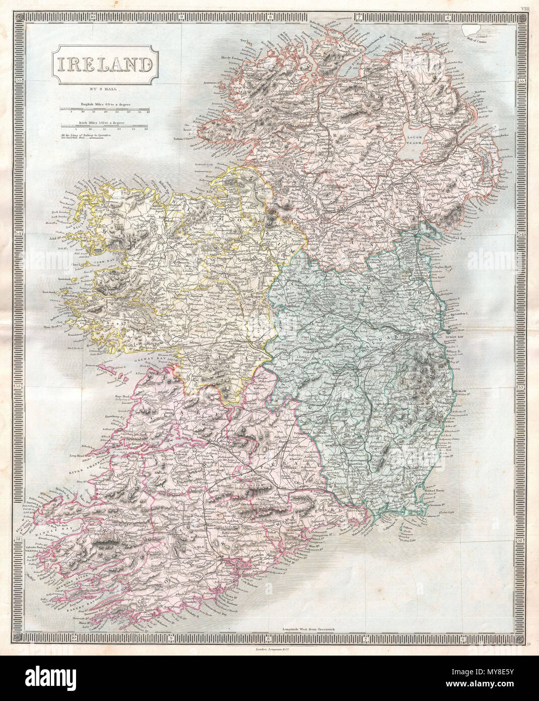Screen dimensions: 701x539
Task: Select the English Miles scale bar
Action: pos(105,108)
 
